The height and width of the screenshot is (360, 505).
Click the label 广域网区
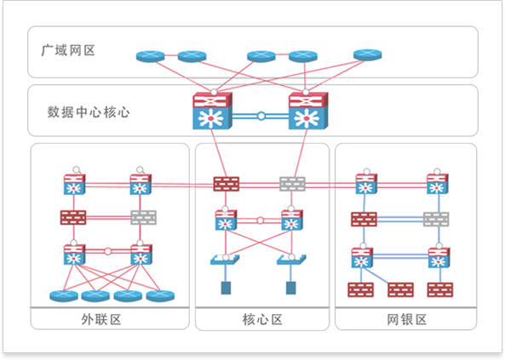pos(68,50)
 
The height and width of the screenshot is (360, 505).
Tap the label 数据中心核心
pos(89,112)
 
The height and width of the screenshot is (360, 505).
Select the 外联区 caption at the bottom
pos(101,319)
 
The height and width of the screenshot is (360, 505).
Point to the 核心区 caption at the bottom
pos(262,319)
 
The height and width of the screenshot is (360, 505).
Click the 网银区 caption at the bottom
pos(407,319)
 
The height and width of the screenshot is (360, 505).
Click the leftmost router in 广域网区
pos(151,56)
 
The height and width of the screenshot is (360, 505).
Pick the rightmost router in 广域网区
pos(368,54)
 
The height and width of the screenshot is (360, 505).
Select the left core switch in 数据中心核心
pos(213,111)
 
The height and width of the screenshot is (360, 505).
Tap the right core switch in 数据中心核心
pos(308,111)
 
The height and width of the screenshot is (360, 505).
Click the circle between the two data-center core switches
pos(261,116)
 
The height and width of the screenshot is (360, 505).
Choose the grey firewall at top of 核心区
pos(292,184)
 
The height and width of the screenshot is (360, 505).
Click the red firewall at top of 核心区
pos(227,184)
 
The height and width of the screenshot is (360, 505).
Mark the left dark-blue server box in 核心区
pos(226,288)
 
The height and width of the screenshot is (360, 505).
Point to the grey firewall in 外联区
pos(144,218)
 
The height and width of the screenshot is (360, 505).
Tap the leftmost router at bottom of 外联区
pos(64,296)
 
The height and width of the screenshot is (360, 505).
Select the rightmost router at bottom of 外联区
pos(160,296)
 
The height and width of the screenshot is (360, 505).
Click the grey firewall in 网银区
pos(436,220)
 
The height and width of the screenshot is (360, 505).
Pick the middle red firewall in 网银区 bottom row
pos(400,290)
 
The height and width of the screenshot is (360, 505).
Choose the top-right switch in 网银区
pos(438,184)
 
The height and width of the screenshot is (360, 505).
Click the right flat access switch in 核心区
pos(291,260)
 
